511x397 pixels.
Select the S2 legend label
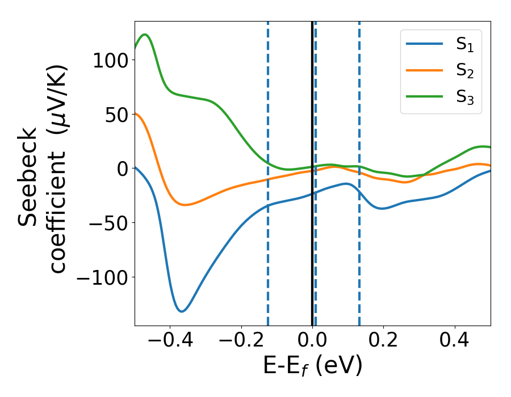(465, 71)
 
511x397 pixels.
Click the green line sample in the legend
(424, 96)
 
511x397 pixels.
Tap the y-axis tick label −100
(106, 277)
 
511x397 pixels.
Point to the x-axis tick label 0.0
(313, 342)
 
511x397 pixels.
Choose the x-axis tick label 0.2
(384, 342)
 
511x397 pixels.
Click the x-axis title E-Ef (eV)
(312, 367)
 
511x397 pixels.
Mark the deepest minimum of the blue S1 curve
(182, 311)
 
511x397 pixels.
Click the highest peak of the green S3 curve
(145, 35)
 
